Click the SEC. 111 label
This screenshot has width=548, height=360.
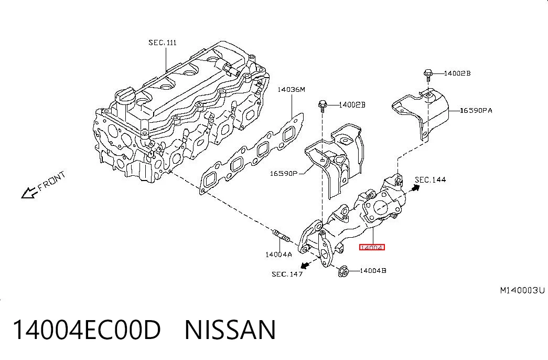[163, 43]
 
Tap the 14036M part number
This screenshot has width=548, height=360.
[291, 90]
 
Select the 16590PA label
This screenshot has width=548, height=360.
[476, 111]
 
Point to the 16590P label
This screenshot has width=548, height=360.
[283, 173]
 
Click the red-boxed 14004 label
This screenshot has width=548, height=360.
[372, 247]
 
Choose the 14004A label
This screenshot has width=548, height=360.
[278, 255]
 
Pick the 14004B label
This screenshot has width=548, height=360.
[373, 270]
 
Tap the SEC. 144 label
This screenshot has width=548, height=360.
[430, 180]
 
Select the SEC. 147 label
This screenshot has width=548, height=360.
[287, 274]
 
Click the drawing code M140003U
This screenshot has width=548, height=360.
[522, 290]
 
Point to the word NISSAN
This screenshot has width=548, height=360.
[230, 330]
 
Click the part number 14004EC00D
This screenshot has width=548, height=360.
[87, 330]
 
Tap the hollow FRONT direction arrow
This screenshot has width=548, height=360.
[29, 193]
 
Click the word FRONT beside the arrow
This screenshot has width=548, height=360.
[51, 181]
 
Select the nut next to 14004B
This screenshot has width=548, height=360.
[343, 271]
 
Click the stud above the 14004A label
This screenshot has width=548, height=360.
[281, 235]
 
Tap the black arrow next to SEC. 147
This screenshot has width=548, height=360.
[305, 264]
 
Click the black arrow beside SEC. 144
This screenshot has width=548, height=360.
[415, 188]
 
